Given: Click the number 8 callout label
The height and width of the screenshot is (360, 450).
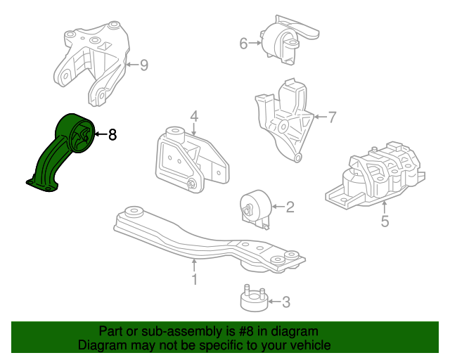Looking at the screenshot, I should (x=112, y=134).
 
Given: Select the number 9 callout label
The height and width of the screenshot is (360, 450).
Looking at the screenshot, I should (x=143, y=65).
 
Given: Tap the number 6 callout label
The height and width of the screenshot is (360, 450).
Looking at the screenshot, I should (x=243, y=44).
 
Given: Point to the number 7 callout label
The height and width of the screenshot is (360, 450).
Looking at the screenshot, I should (x=333, y=116).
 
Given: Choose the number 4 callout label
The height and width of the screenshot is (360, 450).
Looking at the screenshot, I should (x=193, y=117).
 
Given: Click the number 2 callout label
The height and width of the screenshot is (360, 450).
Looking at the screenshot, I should (x=290, y=207).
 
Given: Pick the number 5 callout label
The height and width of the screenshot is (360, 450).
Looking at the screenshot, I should (x=384, y=222).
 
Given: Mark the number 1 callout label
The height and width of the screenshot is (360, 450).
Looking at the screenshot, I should (x=193, y=279).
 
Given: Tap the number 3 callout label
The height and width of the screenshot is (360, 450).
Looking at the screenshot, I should (x=286, y=302).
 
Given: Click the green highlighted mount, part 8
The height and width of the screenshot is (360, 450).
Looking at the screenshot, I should (x=63, y=155).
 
